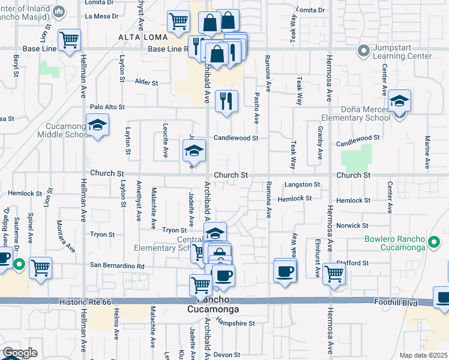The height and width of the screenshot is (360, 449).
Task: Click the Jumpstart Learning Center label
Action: coord(402,52)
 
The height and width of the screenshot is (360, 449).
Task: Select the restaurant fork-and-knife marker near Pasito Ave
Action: coord(226,100)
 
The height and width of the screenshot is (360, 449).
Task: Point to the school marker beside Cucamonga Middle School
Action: coord(96,127)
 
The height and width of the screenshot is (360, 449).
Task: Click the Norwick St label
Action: coord(352,226)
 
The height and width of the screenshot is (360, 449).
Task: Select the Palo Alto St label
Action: coord(107,107)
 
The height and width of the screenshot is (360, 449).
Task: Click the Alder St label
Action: coord(146,82)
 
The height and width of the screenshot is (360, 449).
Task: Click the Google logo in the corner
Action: coord(20,353)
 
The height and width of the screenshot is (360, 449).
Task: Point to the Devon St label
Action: coord(226,355)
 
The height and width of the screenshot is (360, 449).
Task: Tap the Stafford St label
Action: coord(356,263)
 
